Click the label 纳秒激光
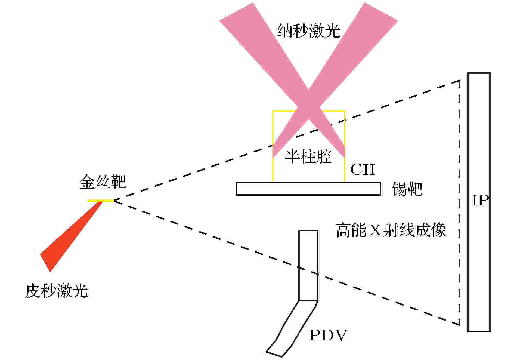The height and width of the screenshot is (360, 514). (x=309, y=30)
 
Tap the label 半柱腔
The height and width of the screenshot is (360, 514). (x=308, y=157)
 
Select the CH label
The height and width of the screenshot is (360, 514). (x=363, y=170)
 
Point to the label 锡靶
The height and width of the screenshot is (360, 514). (x=407, y=189)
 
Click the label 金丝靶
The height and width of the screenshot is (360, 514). (x=103, y=181)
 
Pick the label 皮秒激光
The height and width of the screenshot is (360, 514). (x=56, y=291)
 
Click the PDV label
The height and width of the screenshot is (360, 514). (x=328, y=335)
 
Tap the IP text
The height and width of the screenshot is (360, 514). (x=480, y=201)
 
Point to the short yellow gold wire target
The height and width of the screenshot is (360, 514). (x=101, y=201)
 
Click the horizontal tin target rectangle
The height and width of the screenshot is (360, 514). (x=308, y=189)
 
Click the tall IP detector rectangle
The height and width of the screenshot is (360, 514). (x=479, y=202)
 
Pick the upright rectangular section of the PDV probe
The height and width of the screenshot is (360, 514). (x=308, y=265)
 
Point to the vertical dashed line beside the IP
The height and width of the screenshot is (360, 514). (x=459, y=202)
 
